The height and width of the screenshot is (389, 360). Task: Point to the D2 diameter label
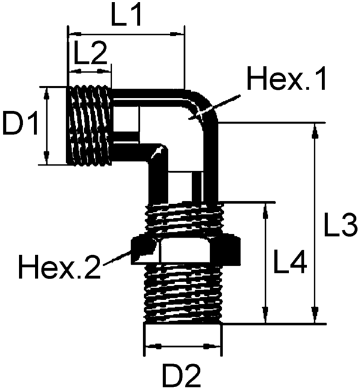pos(181,374)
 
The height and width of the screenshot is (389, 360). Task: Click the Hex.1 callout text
pos(287,79)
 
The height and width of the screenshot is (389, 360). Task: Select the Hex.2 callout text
pos(59,267)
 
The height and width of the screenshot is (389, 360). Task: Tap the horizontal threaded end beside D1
pos(89,125)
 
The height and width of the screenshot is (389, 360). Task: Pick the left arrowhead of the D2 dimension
pos(150,346)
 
